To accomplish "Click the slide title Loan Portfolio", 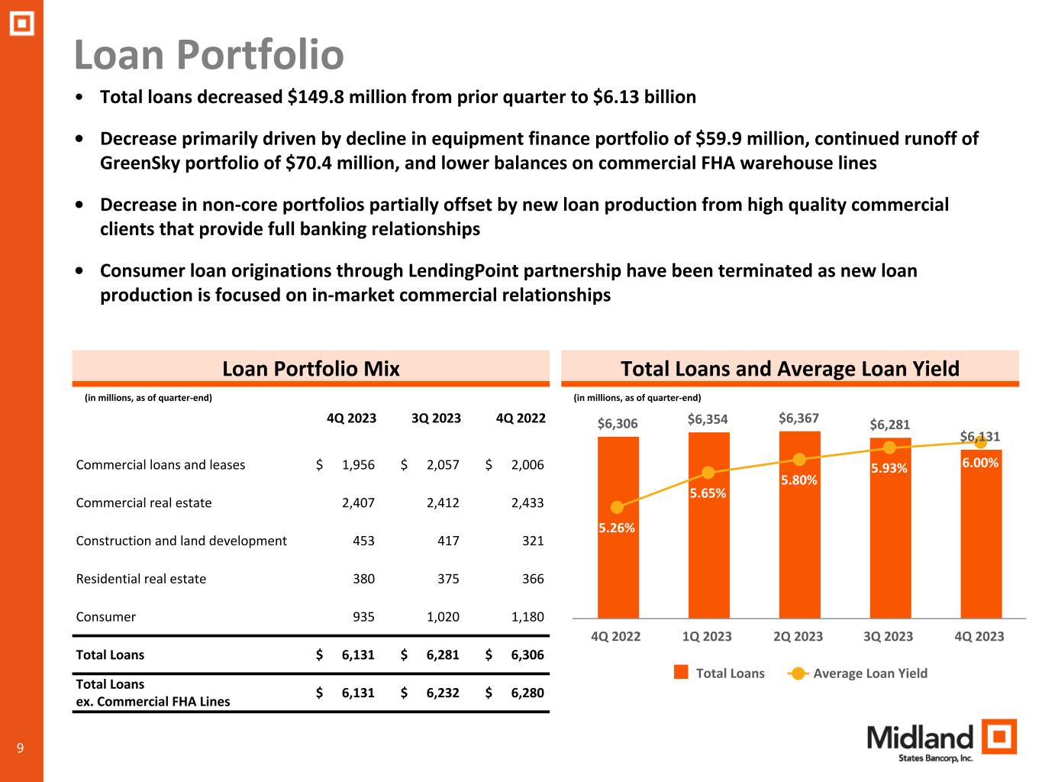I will (x=208, y=55).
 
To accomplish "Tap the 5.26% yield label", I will (x=616, y=528).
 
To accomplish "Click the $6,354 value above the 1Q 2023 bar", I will (x=707, y=419).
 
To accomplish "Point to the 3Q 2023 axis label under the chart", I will (x=889, y=636).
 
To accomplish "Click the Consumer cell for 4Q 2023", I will (x=363, y=617).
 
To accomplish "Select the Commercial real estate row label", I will (x=144, y=502).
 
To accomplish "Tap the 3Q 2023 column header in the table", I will (x=436, y=418).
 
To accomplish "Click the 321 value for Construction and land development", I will (x=533, y=541).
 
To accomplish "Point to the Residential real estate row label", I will (x=141, y=579).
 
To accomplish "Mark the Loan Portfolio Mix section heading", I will (x=311, y=370).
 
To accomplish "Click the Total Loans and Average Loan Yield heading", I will (x=789, y=370).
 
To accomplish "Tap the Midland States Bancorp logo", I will (x=941, y=742).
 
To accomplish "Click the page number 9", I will (x=21, y=748).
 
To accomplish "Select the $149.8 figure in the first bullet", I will (x=315, y=97).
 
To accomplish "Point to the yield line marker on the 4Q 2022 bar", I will (x=618, y=507).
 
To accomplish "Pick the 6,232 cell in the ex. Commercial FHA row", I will (x=443, y=693).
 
